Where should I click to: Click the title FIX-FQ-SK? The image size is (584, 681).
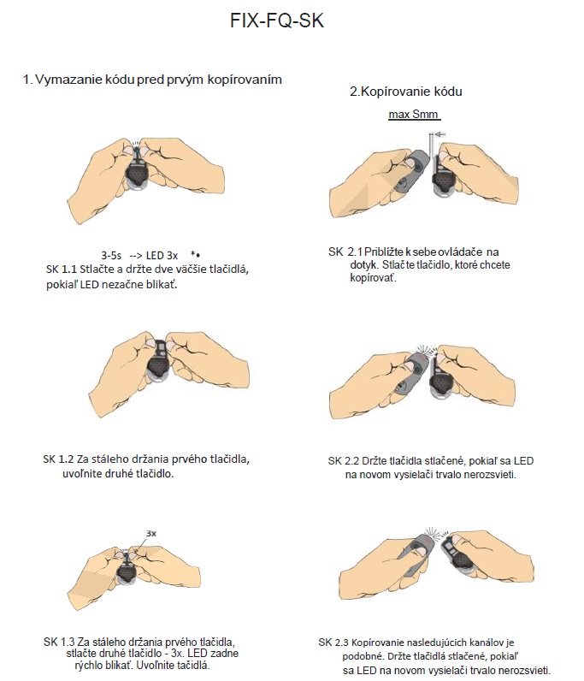tap(277, 21)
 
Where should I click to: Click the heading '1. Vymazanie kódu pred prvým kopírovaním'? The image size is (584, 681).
tap(152, 80)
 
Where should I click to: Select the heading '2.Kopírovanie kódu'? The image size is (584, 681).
tap(406, 92)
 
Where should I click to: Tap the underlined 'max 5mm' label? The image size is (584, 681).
tap(413, 115)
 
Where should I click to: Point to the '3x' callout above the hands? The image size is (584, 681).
tap(151, 533)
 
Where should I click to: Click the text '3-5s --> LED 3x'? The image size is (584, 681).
tap(139, 255)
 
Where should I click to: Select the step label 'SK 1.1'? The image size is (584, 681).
tap(62, 269)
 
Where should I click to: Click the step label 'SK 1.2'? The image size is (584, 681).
tap(58, 459)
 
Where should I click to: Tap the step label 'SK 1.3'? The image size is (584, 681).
tap(59, 642)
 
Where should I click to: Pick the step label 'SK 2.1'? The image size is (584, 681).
tap(345, 252)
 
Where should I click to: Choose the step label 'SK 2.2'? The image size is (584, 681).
tap(344, 461)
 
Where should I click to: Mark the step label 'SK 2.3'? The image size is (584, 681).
tap(333, 643)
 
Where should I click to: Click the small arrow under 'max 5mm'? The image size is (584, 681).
tap(439, 134)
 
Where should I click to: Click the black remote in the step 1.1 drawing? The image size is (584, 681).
tap(137, 172)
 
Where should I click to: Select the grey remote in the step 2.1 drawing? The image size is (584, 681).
tap(411, 170)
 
